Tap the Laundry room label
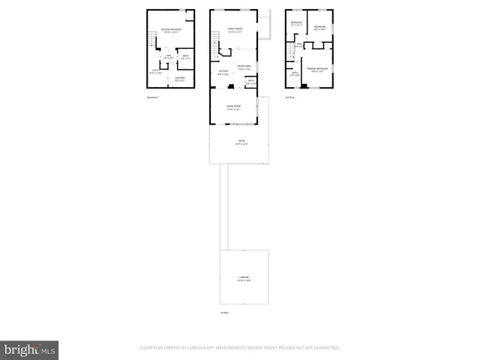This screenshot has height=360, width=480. click(x=180, y=78)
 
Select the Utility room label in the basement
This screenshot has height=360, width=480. click(x=156, y=72)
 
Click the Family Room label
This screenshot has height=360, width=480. click(x=235, y=30)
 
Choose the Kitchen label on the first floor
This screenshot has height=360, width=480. click(x=223, y=73)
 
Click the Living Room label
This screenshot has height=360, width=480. click(x=234, y=108)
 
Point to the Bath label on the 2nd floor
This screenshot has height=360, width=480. click(x=294, y=74)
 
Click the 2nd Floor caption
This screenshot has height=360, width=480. click(x=289, y=97)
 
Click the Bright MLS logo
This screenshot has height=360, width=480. click(x=29, y=349)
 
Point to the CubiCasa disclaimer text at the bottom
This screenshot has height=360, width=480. click(x=240, y=348)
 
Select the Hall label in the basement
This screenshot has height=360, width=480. click(x=169, y=57)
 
